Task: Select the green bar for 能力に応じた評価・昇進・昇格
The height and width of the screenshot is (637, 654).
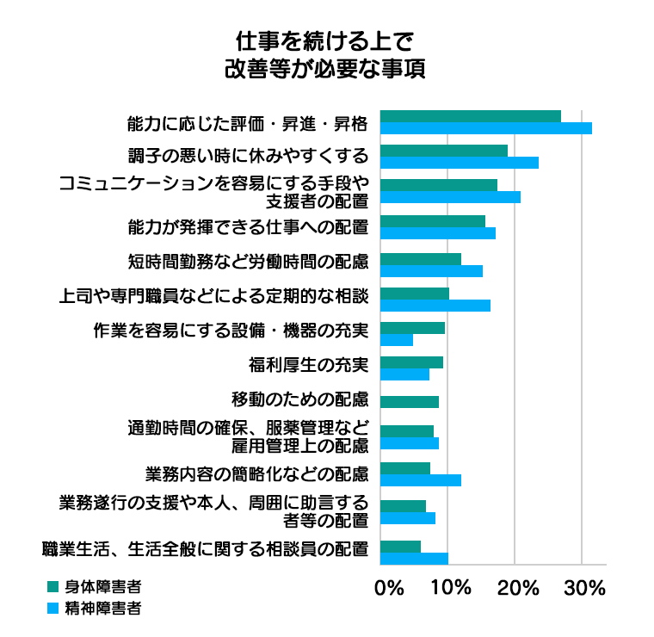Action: click(x=470, y=116)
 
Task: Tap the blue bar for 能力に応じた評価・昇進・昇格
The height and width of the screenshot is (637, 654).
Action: click(x=485, y=128)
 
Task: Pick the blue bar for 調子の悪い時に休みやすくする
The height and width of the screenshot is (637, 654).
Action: click(x=459, y=163)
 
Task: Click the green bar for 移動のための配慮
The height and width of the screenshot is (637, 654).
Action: click(x=409, y=401)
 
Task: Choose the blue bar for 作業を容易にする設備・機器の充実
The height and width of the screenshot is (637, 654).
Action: click(x=396, y=339)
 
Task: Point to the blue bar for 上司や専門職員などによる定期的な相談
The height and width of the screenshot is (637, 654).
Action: click(x=435, y=305)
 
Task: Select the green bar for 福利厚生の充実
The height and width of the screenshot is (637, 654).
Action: click(x=411, y=362)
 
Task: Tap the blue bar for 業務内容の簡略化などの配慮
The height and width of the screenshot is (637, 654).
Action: click(x=420, y=480)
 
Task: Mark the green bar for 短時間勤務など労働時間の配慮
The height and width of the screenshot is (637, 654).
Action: click(x=420, y=259)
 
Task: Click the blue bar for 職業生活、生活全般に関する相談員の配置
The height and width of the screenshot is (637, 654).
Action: click(x=414, y=558)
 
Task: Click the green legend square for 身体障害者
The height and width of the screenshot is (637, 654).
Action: click(x=53, y=587)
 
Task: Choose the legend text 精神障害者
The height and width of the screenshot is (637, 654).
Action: click(x=107, y=608)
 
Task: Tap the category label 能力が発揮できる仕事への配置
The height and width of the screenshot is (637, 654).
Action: click(x=248, y=228)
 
